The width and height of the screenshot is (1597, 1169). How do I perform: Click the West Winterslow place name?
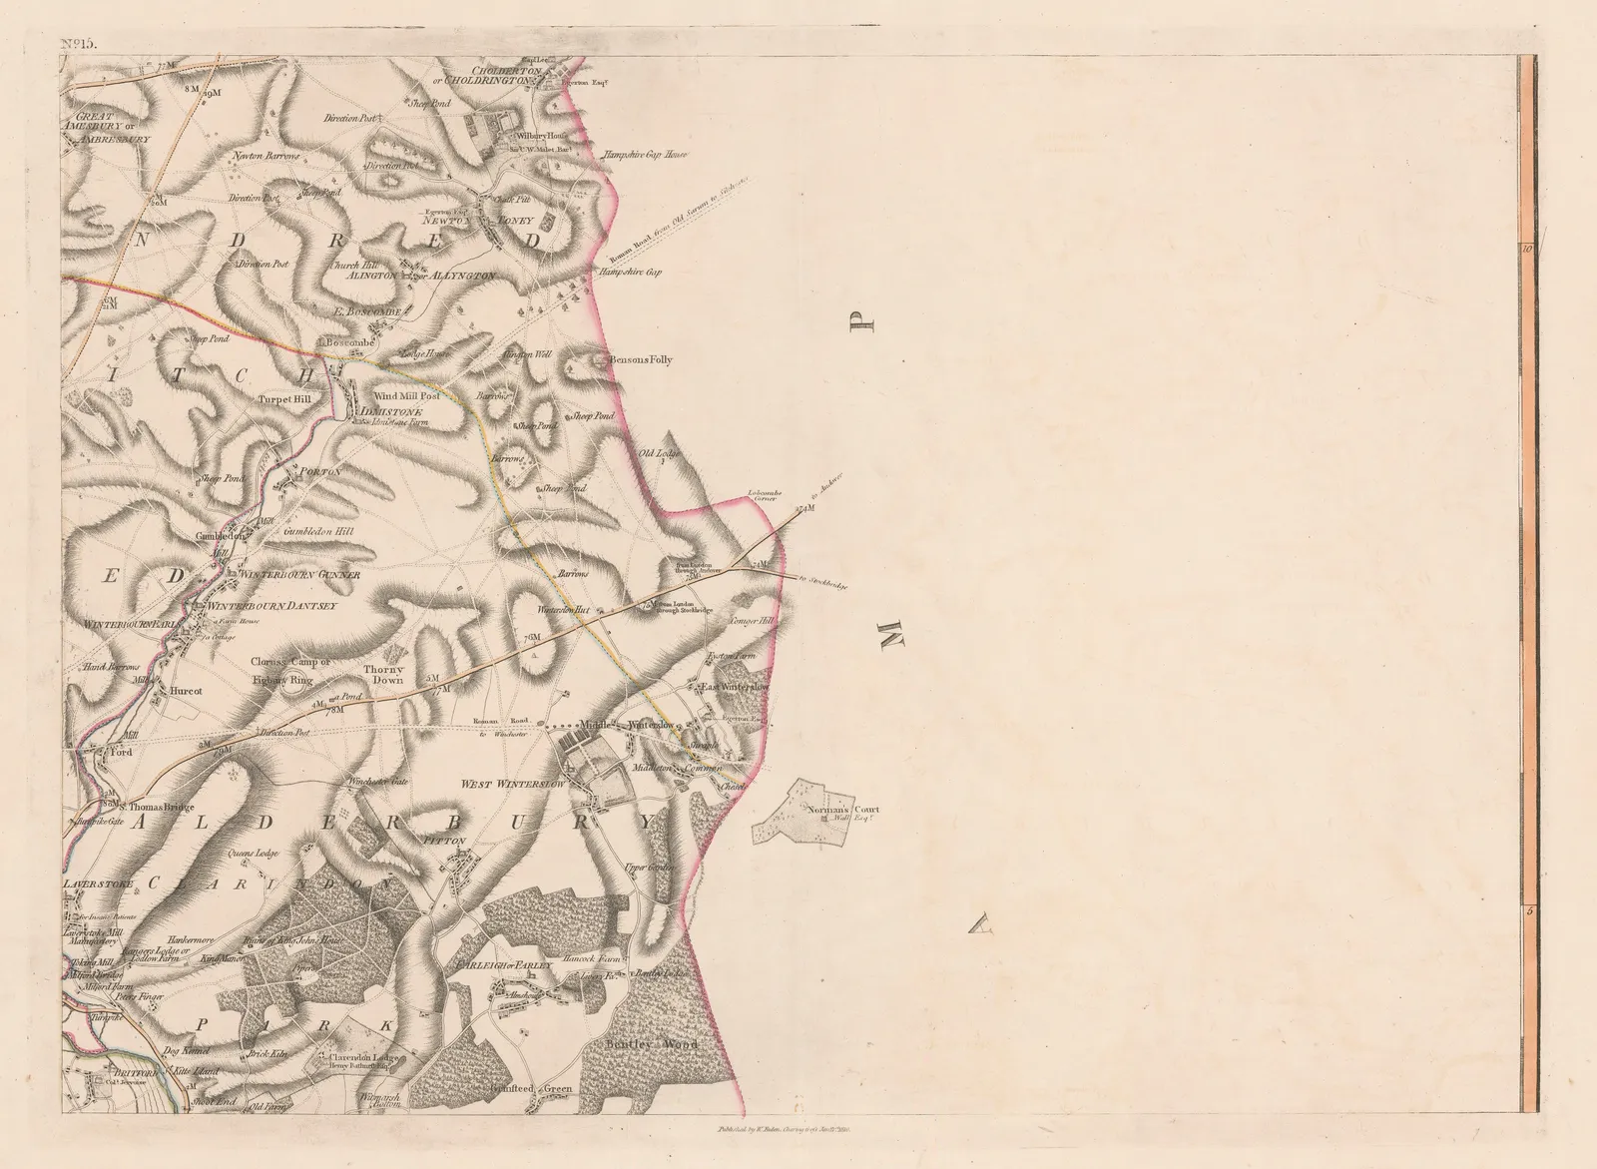pos(511,785)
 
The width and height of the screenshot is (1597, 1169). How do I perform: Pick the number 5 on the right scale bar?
pos(1527,910)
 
